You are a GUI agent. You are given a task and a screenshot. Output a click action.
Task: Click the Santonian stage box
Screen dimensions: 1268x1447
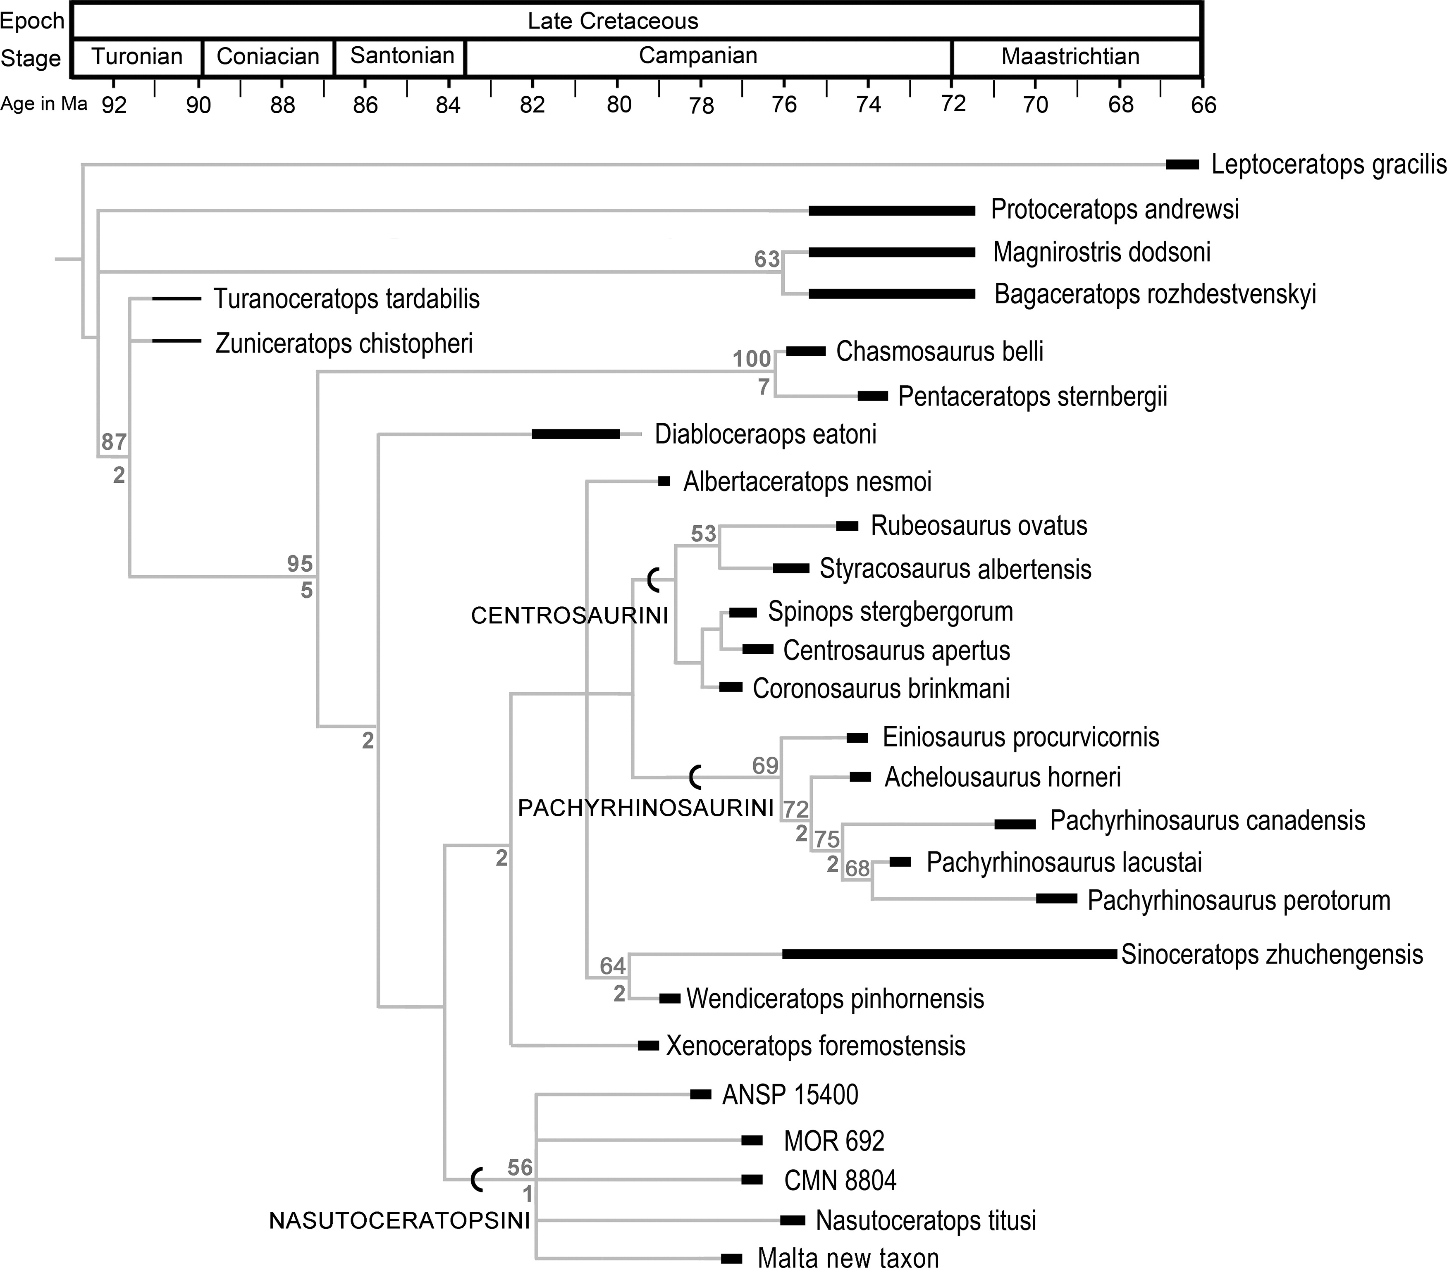tap(400, 57)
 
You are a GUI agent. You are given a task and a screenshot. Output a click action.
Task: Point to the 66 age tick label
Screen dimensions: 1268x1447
tap(1203, 105)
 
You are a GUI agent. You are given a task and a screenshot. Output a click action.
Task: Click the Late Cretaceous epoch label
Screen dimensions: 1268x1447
tap(612, 21)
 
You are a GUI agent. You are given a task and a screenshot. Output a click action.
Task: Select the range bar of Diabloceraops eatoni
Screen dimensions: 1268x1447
tap(575, 434)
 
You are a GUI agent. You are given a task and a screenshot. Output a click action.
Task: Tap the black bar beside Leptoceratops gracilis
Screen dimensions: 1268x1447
tap(1182, 164)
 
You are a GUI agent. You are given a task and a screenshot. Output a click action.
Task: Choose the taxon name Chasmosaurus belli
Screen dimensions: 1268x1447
tap(939, 352)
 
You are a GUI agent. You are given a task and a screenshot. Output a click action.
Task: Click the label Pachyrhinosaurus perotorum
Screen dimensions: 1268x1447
tap(1239, 900)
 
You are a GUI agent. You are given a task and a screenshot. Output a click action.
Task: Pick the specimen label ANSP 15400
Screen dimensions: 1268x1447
tap(790, 1095)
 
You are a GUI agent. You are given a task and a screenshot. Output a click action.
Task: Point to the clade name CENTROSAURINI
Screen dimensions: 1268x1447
tap(569, 615)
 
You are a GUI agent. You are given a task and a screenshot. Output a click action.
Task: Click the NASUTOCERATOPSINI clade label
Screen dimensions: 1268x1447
tap(399, 1220)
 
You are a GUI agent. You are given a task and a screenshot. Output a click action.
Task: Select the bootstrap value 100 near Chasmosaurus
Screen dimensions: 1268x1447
tap(751, 359)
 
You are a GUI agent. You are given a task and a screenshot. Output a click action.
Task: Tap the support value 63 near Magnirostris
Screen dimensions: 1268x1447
tap(766, 260)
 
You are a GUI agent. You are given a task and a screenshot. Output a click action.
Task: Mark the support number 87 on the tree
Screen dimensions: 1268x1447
tap(113, 442)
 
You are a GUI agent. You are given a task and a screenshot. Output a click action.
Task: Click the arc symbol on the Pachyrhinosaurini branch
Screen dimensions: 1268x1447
tap(695, 777)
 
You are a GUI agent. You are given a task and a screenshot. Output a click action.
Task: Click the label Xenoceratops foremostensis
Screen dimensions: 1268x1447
tap(816, 1046)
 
